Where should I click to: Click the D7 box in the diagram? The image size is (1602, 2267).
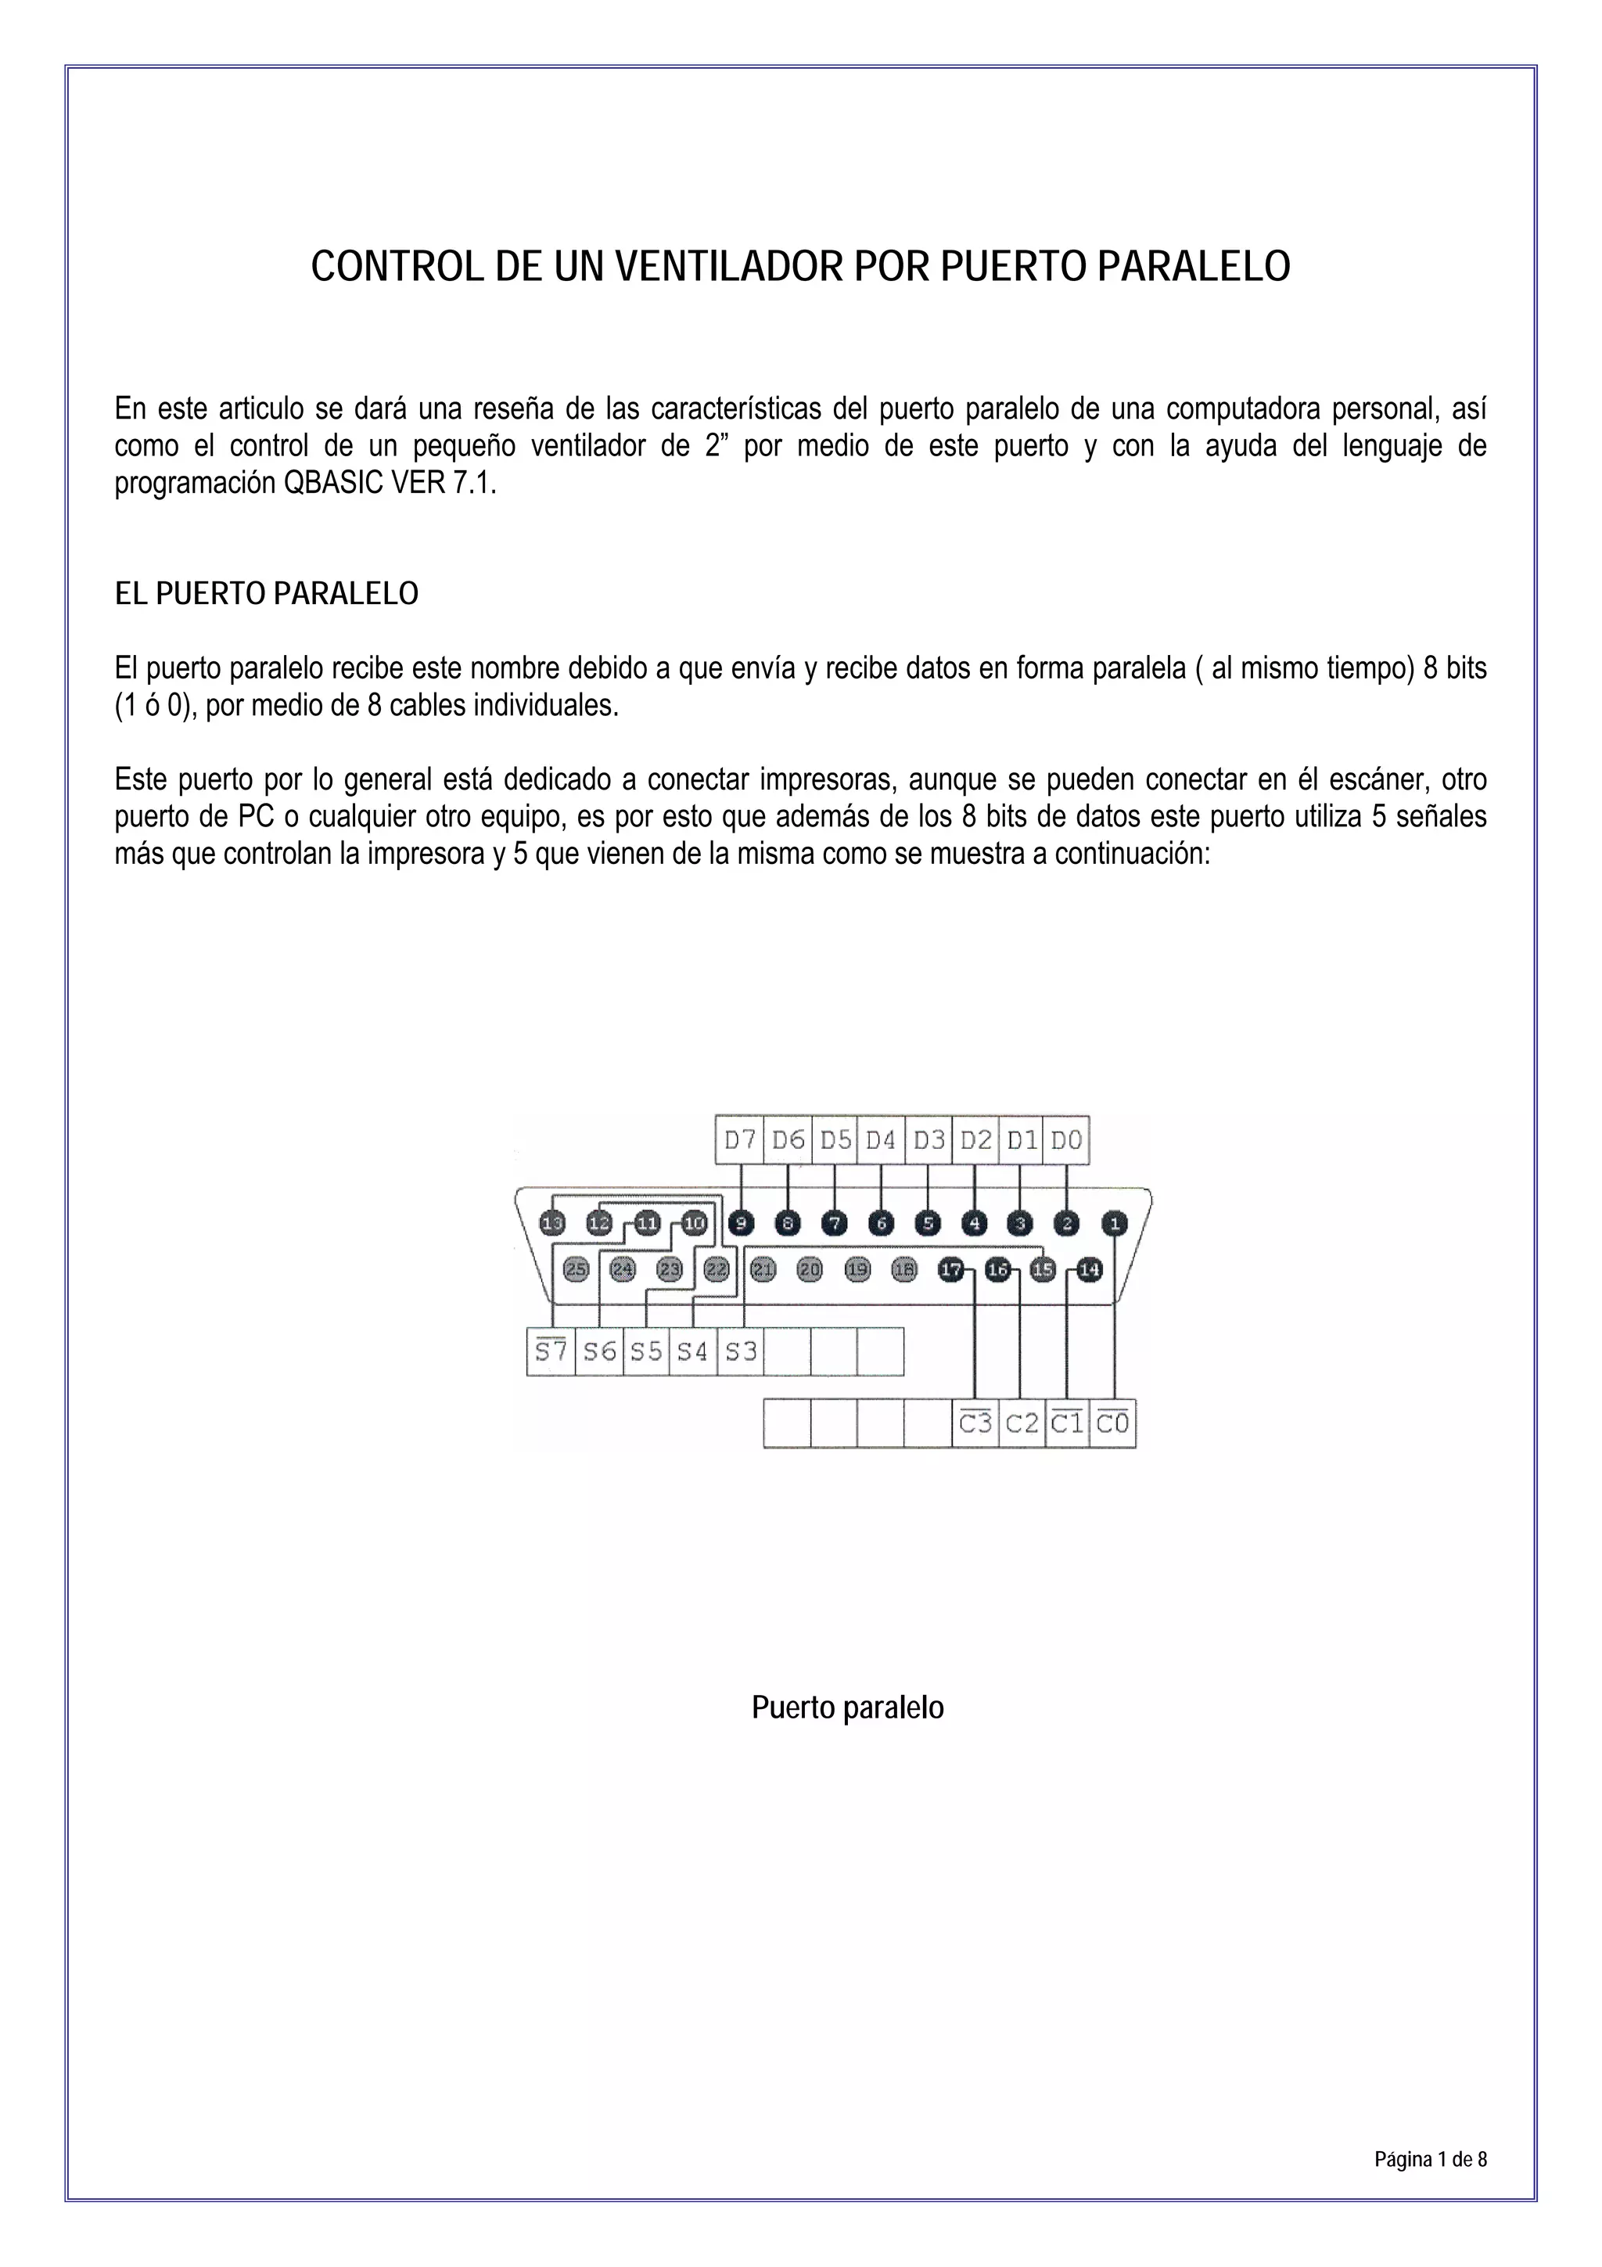click(739, 1140)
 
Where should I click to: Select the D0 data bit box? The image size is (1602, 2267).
click(1066, 1140)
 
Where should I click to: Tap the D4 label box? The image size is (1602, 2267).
click(881, 1140)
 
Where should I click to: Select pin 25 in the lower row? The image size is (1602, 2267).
click(576, 1270)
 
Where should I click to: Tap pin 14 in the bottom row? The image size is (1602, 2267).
click(1089, 1270)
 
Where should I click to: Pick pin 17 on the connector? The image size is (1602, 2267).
click(950, 1270)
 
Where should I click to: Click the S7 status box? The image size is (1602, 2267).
click(551, 1351)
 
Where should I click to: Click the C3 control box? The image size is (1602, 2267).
click(975, 1423)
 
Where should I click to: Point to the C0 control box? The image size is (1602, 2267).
click(1112, 1423)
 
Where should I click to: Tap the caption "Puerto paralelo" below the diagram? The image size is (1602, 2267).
click(847, 1707)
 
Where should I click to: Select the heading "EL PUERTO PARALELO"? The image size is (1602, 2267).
click(267, 593)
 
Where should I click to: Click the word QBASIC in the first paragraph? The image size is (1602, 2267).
click(329, 484)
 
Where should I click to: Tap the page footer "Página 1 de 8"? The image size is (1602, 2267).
click(1429, 2159)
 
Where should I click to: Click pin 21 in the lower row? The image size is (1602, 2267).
click(763, 1270)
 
